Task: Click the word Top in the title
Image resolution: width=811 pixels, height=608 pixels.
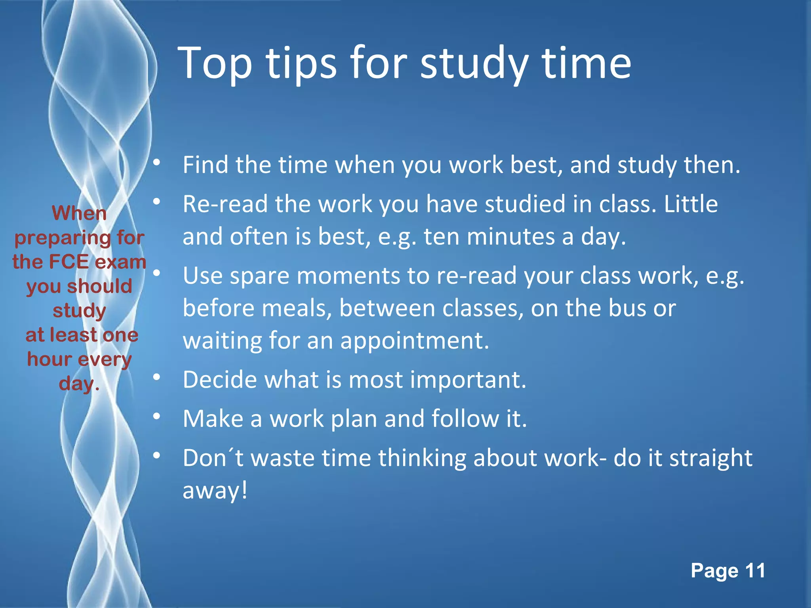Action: coord(215,63)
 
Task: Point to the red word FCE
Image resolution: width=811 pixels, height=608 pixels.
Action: coord(70,262)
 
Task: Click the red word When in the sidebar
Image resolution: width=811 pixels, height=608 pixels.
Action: coord(79,213)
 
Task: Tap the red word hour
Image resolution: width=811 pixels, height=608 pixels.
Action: coord(49,359)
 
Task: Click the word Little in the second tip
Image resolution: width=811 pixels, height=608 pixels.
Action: coord(691,204)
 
